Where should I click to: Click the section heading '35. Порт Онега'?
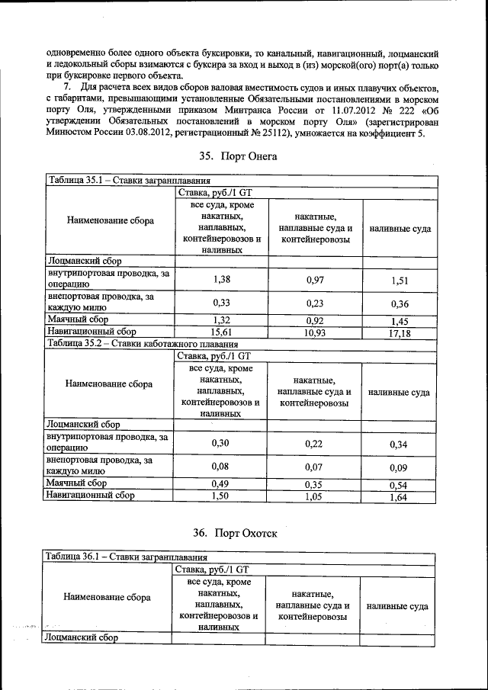(x=239, y=156)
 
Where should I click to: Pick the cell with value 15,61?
(x=220, y=332)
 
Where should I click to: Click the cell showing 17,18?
(x=400, y=334)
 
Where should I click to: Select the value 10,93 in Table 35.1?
(x=315, y=333)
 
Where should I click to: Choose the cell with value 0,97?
(x=315, y=281)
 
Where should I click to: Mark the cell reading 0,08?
(x=220, y=467)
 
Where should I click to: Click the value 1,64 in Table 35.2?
(x=399, y=497)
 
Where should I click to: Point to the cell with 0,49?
(x=220, y=483)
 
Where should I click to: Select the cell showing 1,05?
(x=315, y=496)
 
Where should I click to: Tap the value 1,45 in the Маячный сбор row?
(x=400, y=322)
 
